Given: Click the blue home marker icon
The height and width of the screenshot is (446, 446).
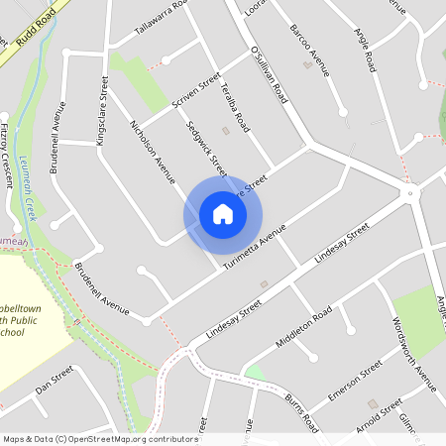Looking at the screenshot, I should coord(223,214).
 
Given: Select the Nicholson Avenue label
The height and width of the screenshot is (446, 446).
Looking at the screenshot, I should coord(153,152).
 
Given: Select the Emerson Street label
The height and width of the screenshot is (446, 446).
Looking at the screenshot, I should coord(355,382).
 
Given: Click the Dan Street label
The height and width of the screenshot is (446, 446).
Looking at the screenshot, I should coord(55,381).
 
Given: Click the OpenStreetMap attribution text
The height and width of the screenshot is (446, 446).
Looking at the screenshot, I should coord(100,439).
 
